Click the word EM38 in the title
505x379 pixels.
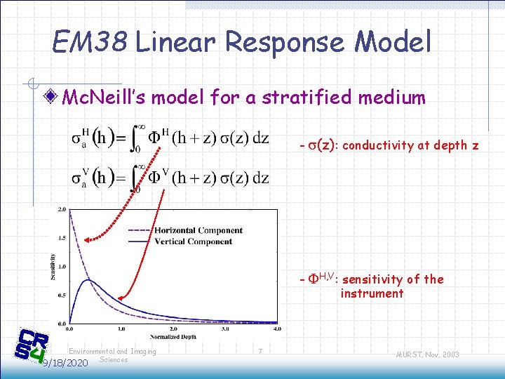[x=89, y=43]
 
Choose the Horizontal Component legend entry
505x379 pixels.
[x=198, y=230]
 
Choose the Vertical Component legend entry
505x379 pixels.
[x=193, y=241]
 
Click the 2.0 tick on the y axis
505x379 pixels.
[x=62, y=209]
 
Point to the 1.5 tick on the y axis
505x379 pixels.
[x=62, y=238]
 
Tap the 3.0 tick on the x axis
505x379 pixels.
[x=225, y=328]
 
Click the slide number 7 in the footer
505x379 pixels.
[x=260, y=350]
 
